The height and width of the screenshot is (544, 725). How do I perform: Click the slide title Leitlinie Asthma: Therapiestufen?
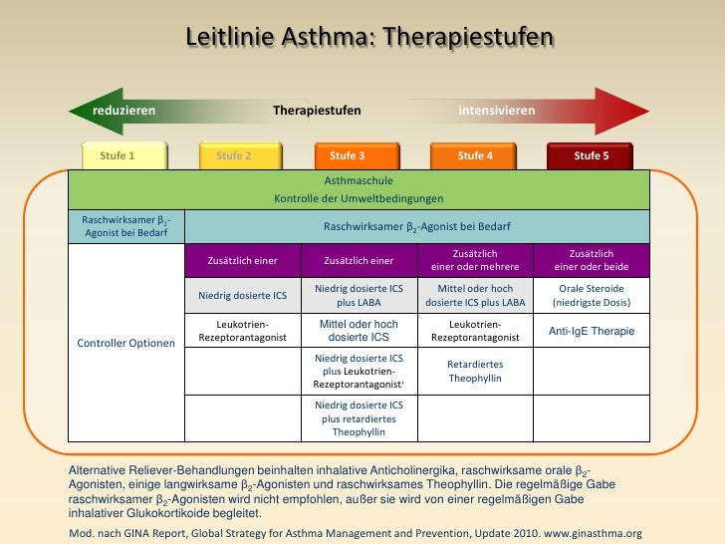click(x=368, y=37)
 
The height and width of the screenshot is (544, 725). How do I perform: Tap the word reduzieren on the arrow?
click(x=123, y=111)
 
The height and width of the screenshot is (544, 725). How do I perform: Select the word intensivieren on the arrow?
click(x=496, y=111)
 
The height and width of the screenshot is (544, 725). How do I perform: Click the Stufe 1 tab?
click(x=118, y=155)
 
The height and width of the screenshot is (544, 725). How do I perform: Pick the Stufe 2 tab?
click(x=234, y=155)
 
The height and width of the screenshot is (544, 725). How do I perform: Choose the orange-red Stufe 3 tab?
click(x=348, y=155)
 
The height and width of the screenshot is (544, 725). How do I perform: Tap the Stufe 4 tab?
click(x=475, y=155)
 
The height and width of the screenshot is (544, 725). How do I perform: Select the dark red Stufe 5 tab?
click(x=592, y=155)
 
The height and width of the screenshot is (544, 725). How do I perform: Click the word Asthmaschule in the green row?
click(x=359, y=181)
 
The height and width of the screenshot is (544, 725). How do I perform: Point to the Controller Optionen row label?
click(x=126, y=344)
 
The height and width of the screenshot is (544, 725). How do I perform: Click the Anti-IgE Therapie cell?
click(x=592, y=331)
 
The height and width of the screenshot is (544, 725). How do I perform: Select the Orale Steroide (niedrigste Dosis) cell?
click(x=592, y=295)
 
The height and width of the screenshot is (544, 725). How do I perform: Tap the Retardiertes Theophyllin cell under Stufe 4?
click(x=475, y=372)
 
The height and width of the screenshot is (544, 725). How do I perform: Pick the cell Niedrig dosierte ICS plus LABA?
click(x=359, y=295)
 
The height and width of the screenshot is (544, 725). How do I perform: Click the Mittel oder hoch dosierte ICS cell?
click(x=359, y=331)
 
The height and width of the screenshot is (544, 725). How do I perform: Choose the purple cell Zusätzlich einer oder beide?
click(x=592, y=260)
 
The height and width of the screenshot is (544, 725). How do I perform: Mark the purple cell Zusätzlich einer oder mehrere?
click(x=475, y=260)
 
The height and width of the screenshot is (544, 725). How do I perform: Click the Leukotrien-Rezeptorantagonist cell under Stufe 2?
click(x=243, y=331)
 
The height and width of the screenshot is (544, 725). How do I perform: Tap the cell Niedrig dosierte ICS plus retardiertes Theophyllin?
click(x=359, y=418)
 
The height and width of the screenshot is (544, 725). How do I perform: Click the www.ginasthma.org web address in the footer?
click(x=592, y=533)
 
